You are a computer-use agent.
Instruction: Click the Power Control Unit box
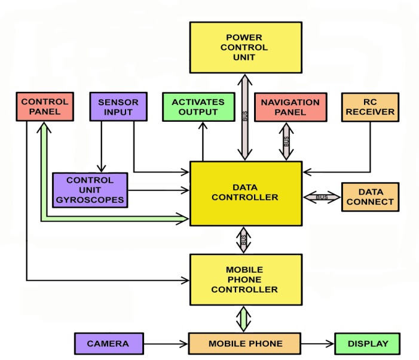pyautogui.click(x=245, y=48)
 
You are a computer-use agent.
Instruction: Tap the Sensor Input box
pyautogui.click(x=118, y=106)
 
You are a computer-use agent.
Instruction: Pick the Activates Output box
pyautogui.click(x=198, y=107)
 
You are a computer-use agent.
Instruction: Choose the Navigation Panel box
pyautogui.click(x=290, y=107)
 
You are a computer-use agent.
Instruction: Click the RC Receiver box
pyautogui.click(x=369, y=107)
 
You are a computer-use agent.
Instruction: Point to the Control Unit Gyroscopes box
pyautogui.click(x=90, y=190)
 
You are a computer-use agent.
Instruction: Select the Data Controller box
pyautogui.click(x=245, y=193)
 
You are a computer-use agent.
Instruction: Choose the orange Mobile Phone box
pyautogui.click(x=244, y=344)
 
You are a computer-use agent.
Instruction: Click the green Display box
pyautogui.click(x=367, y=344)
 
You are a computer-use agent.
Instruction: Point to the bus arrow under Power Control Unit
pyautogui.click(x=245, y=117)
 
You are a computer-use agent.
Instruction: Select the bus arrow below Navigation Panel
pyautogui.click(x=286, y=141)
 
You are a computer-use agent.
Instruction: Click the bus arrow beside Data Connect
pyautogui.click(x=322, y=197)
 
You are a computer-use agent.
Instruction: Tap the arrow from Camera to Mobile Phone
pyautogui.click(x=167, y=344)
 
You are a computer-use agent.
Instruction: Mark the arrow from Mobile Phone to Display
pyautogui.click(x=316, y=344)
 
